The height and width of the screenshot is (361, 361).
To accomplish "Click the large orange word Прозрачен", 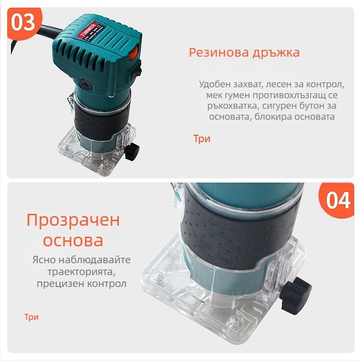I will click(73, 220).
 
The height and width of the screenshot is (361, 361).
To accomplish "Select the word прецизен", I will click(57, 284).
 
